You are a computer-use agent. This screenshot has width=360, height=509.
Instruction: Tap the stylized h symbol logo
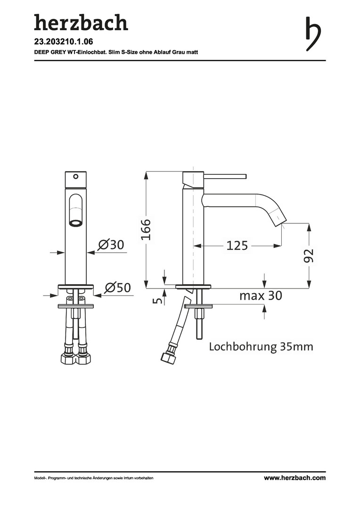coord(313,34)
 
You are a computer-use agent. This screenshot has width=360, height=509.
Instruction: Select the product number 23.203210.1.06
coord(64,42)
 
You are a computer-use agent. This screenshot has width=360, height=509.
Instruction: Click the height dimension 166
coord(146,230)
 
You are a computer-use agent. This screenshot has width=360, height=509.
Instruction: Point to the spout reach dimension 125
coord(237,246)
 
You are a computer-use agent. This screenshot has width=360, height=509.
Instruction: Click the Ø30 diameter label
coord(111,245)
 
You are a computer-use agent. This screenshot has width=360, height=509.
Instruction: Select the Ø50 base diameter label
coord(117,287)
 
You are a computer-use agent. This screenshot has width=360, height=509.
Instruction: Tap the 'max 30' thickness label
coord(261,296)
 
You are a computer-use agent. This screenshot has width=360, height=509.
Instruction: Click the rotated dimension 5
coord(157,300)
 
